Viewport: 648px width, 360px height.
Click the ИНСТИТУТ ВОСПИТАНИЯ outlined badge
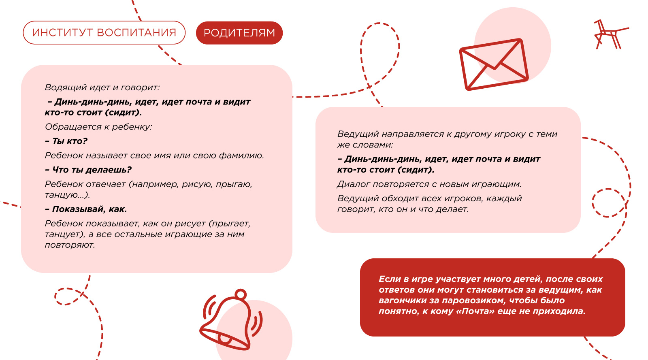coord(104,32)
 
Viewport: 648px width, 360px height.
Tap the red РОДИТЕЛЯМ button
coord(239,33)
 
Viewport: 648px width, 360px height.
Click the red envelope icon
coord(494,64)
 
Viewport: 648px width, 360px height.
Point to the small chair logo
coord(610,34)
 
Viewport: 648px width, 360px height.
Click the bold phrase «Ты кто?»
coord(66,141)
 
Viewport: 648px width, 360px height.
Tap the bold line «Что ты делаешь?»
coord(88,170)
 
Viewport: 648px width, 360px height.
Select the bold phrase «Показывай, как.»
coord(86,209)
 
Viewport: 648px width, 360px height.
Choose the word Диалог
coord(353,184)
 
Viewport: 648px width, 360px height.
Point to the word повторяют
coord(70,245)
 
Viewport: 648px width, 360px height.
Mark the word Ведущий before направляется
coord(358,134)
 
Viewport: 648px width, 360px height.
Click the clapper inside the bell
coord(224,338)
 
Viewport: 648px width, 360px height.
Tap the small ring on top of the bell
coord(241,294)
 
